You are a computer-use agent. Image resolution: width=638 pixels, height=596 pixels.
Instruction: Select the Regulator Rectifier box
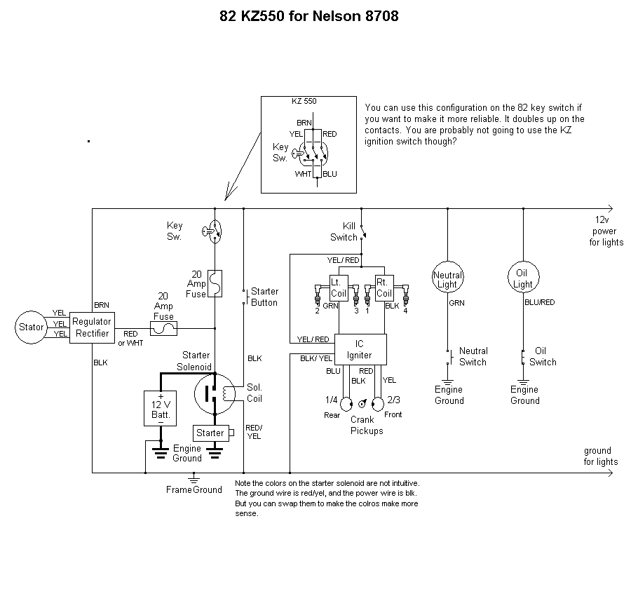pos(92,327)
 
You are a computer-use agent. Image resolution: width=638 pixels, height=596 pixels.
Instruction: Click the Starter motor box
pos(210,433)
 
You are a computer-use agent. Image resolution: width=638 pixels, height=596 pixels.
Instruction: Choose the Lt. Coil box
pos(339,287)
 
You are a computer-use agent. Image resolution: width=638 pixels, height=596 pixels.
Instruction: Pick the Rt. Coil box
pos(384,287)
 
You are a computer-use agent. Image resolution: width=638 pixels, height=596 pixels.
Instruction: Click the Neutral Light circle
pos(447,279)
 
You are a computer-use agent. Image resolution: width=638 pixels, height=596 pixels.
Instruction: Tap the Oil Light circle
pos(523,279)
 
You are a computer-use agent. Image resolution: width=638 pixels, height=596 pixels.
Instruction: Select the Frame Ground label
pos(194,489)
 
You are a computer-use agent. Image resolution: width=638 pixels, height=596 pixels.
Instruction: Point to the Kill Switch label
pos(344,231)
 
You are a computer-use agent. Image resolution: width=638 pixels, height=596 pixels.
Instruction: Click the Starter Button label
pos(264,297)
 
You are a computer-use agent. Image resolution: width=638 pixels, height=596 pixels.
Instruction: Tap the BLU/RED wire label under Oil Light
pos(540,303)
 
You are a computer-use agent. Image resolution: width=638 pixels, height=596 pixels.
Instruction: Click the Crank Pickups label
pos(367,425)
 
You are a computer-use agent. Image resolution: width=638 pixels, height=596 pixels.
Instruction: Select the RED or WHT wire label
pos(130,338)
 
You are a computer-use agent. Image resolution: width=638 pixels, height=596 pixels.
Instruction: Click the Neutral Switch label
pos(473,356)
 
